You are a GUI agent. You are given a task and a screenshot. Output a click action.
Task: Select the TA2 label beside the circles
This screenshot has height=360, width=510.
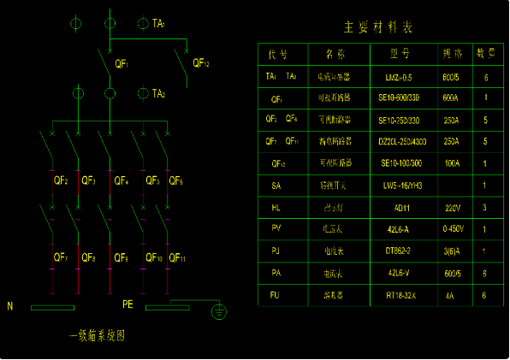pos(157,93)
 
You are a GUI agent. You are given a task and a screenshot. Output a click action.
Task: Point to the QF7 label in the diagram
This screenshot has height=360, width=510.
pos(60,257)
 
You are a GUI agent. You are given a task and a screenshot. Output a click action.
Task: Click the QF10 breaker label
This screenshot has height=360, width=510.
pos(154,257)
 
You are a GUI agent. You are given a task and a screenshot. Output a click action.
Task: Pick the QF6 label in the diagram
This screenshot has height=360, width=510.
pos(175,181)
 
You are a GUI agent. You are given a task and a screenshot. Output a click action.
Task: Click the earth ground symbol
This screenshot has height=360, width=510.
pos(220,313)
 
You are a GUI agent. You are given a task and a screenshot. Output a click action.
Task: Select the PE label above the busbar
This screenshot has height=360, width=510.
pos(127,304)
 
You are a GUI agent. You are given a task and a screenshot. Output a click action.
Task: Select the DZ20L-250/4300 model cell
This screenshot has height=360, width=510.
pos(402,141)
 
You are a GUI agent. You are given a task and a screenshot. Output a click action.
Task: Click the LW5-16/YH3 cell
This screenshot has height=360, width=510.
pos(401,185)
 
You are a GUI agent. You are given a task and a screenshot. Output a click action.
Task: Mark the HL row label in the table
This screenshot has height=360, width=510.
pos(276,207)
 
